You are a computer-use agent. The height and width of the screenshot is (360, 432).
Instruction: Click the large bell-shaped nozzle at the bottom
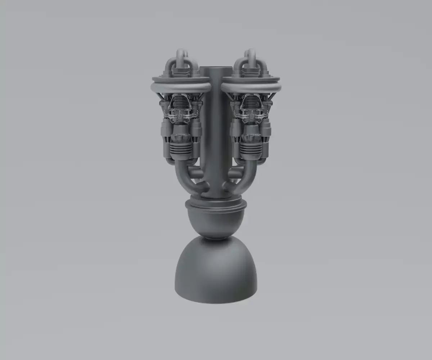point(216,273)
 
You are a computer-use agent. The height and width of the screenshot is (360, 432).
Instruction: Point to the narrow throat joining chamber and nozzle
point(216,238)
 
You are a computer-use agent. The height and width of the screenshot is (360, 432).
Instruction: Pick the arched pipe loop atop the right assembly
point(250,58)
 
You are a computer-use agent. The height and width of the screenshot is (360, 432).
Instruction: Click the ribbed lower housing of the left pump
point(181,149)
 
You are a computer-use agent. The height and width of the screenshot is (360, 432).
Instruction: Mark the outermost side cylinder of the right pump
point(266,131)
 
